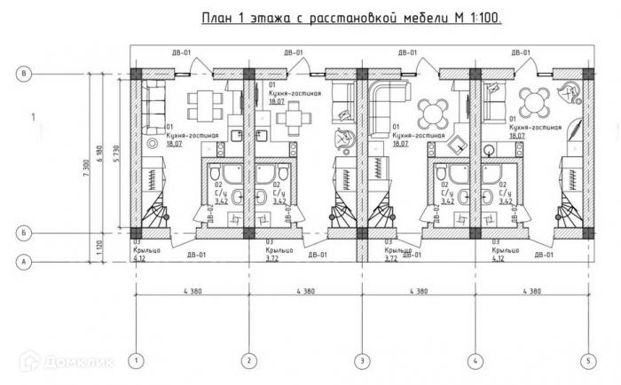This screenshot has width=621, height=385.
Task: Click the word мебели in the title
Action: coord(415,18)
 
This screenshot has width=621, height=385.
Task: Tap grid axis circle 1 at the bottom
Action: coord(135,361)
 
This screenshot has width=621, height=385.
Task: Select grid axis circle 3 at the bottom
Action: coord(361,361)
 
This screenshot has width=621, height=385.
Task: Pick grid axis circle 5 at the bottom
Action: coord(586,361)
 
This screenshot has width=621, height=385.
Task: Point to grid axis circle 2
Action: coord(249,361)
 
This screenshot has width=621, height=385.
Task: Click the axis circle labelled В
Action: coord(26,74)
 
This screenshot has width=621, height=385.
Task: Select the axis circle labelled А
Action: coord(26,261)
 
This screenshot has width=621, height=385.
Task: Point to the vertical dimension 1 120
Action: coord(100,247)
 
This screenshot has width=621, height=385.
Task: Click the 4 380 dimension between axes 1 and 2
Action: coord(192,291)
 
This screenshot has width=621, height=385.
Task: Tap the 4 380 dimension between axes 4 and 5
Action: coord(531,291)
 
